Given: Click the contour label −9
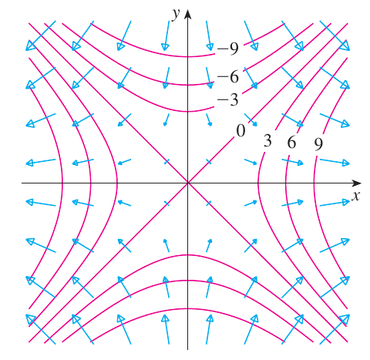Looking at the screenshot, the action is point(228,49).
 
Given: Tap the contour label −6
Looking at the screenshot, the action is point(228,76).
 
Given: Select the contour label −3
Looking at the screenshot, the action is point(228,99).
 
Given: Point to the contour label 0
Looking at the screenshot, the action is point(240,130).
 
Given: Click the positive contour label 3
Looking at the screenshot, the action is point(267,140).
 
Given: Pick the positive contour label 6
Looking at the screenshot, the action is point(291,142).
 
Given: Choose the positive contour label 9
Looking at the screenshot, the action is point(318,144).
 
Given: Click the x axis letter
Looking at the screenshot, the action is point(356,196).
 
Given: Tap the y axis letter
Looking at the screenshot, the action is point(177,14).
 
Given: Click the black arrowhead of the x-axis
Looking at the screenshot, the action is point(357,183).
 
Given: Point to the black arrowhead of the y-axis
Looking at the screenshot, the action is point(188,15).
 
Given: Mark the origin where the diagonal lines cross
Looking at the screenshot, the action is point(188,183).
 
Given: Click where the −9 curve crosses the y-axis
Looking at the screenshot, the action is point(188,56).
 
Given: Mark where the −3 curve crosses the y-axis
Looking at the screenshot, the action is point(188,111).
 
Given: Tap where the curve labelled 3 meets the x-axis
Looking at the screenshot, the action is point(258,183).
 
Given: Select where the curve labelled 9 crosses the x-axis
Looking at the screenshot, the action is point(314,183).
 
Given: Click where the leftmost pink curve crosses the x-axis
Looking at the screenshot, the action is point(62,183).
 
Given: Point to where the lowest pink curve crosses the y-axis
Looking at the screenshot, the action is point(188,308).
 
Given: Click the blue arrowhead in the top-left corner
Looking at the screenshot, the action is point(30,46).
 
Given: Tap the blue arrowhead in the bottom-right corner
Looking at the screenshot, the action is point(345,319).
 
